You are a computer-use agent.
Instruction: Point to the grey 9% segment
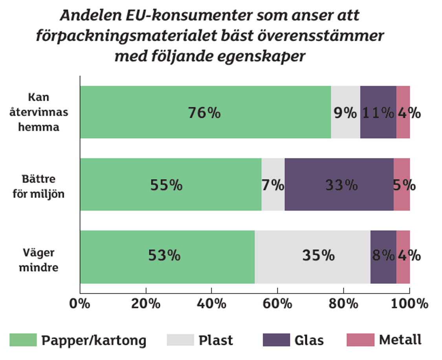(345, 112)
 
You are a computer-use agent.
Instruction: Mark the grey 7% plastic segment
(273, 184)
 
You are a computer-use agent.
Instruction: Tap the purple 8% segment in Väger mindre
(383, 257)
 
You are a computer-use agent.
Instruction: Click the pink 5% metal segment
(402, 184)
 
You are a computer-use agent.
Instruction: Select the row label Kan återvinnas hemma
(43, 112)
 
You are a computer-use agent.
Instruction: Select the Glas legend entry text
(309, 340)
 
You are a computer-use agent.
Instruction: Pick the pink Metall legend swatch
(360, 340)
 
